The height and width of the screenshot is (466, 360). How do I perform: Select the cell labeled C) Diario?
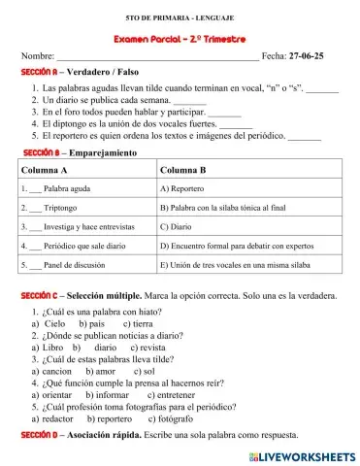coord(177,225)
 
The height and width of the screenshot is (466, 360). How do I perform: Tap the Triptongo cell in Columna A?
coord(57,207)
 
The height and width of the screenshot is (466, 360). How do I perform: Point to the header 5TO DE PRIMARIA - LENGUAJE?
coord(180,18)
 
